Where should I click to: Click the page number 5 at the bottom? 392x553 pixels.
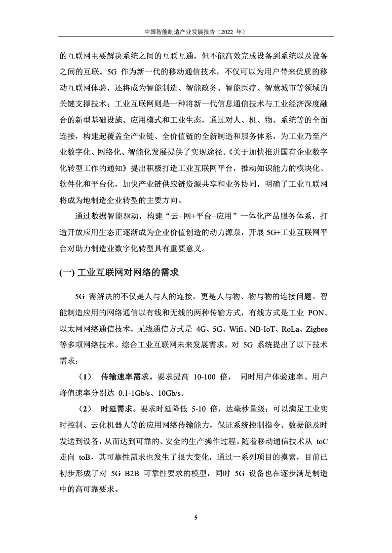click(x=196, y=518)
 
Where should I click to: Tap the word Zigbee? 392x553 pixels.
click(x=319, y=329)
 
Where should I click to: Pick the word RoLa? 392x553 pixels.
click(x=291, y=329)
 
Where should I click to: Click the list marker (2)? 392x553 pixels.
click(x=84, y=409)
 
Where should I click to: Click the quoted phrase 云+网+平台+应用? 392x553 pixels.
click(x=208, y=217)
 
